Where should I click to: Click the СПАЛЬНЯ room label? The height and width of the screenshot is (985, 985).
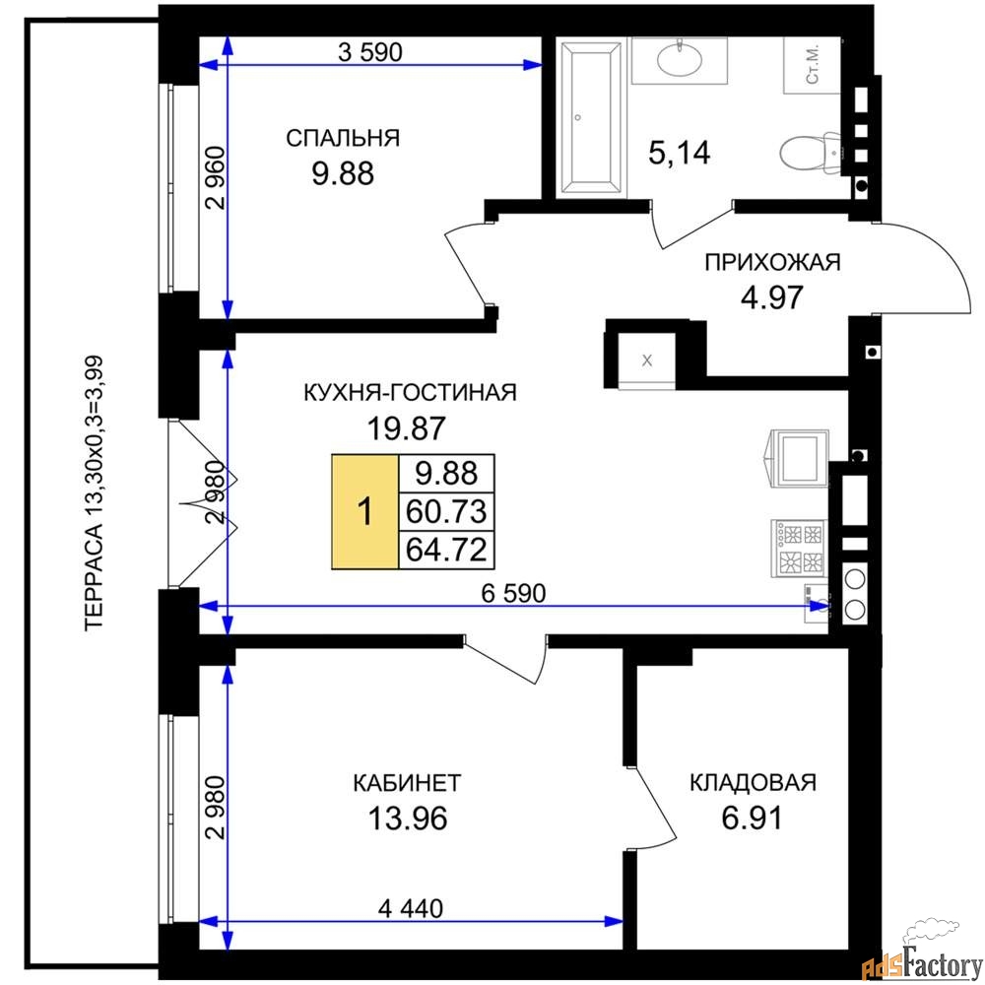click(x=343, y=138)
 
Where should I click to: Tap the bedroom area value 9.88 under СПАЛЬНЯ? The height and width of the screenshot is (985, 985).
click(x=343, y=173)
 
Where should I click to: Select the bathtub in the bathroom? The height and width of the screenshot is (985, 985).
click(x=590, y=117)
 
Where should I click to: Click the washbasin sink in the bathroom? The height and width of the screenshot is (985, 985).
click(x=680, y=60)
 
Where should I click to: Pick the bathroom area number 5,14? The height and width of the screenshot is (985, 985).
click(x=679, y=153)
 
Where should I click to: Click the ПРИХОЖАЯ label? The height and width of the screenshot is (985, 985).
click(x=772, y=262)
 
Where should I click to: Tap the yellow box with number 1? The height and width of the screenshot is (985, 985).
click(x=365, y=511)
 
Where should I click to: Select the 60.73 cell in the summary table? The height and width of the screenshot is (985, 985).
click(x=446, y=512)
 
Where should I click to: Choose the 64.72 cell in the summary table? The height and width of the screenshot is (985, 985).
click(x=446, y=551)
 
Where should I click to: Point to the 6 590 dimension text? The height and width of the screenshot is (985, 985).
click(x=513, y=593)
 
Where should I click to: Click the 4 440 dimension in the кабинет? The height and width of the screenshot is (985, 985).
click(x=410, y=908)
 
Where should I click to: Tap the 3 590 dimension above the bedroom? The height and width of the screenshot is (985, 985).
click(x=370, y=52)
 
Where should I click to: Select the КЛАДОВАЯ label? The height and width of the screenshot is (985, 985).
click(x=753, y=783)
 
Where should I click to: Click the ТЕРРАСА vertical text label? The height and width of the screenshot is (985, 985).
click(x=94, y=493)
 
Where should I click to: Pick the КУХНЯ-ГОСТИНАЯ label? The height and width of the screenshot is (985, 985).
click(x=410, y=393)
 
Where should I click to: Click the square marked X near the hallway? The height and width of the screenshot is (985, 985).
click(x=647, y=361)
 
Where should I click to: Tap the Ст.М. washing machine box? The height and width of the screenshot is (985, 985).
click(x=813, y=65)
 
